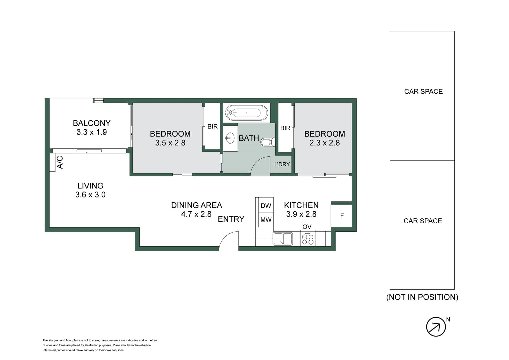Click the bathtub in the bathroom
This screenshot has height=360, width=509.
tap(246, 113)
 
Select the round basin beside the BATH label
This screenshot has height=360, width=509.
tap(230, 138)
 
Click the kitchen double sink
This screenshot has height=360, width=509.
tap(283, 239)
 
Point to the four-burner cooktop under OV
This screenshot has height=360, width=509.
tap(308, 239)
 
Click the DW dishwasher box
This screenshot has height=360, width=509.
tap(266, 206)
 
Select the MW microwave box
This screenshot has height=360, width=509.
tap(266, 220)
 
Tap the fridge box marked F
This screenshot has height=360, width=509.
tap(342, 216)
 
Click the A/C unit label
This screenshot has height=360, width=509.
tap(60, 162)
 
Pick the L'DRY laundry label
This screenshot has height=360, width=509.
tap(282, 164)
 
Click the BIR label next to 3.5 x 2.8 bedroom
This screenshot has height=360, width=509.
tap(212, 126)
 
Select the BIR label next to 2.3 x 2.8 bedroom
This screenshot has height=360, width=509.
tap(285, 128)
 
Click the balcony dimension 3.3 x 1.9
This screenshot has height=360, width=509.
tap(92, 132)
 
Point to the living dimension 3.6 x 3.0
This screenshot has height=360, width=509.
tap(90, 195)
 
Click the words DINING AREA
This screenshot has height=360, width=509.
tap(196, 205)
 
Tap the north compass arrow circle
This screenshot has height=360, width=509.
tap(436, 327)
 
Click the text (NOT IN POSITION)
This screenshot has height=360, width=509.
tap(422, 297)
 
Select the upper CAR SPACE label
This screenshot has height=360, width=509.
tap(423, 92)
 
